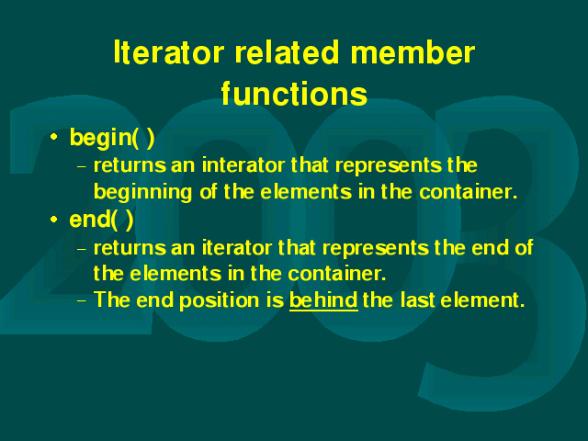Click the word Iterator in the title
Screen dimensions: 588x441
[x=169, y=52]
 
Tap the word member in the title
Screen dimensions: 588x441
[x=413, y=52]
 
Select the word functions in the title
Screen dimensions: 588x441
[x=294, y=94]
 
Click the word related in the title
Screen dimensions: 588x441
[x=287, y=52]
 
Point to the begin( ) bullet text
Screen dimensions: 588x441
[x=112, y=138]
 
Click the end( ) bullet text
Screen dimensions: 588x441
[x=101, y=219]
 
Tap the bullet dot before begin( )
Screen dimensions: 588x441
[x=54, y=137]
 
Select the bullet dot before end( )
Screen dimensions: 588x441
[x=54, y=219]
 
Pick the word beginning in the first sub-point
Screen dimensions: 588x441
[x=143, y=192]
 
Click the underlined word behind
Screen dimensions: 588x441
[x=323, y=300]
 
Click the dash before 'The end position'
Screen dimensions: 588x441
[x=82, y=300]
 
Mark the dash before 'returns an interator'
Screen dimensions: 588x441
[x=82, y=166]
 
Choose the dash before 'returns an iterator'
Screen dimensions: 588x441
[x=82, y=249]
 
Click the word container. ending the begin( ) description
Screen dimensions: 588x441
[x=469, y=192]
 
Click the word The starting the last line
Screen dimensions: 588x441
[x=112, y=300]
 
